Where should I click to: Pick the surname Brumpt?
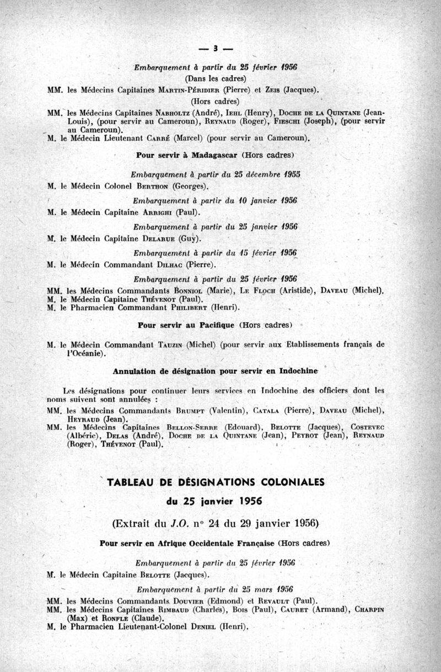tap(180, 409)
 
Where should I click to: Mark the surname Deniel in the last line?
tap(201, 627)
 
